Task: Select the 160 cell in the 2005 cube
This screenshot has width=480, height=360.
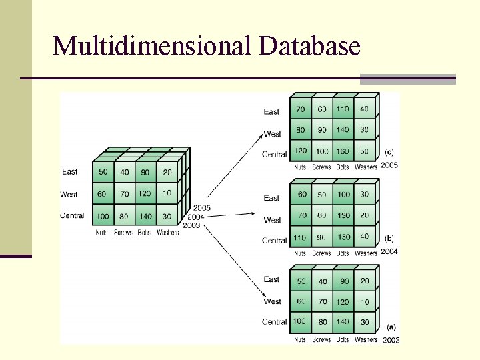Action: tap(343, 151)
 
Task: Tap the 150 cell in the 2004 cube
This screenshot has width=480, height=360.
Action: tap(343, 237)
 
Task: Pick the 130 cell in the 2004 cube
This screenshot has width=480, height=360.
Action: tap(343, 216)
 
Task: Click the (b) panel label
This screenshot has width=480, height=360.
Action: tap(390, 237)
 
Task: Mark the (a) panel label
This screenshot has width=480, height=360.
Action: tap(391, 327)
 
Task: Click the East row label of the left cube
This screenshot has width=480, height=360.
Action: tap(70, 172)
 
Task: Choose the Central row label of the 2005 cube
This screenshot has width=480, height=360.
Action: tap(275, 154)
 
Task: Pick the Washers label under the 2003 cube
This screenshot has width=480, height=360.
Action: tap(366, 340)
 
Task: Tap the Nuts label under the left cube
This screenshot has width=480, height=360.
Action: tap(101, 233)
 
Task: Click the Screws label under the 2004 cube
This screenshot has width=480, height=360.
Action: tap(321, 253)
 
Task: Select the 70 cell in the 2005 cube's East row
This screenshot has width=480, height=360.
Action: tap(301, 109)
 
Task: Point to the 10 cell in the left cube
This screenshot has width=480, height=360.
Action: tap(167, 193)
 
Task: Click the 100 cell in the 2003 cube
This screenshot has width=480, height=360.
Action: tap(300, 321)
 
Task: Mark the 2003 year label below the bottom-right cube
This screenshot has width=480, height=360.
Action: tap(391, 340)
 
